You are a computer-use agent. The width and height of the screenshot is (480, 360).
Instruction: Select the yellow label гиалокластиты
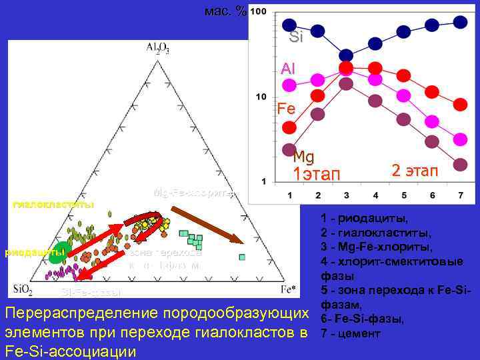[53, 203]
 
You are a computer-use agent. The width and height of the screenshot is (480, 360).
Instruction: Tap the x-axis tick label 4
[375, 195]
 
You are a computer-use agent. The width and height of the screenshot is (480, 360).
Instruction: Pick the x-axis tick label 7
[460, 195]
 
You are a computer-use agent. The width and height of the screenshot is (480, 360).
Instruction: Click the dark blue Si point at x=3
[346, 55]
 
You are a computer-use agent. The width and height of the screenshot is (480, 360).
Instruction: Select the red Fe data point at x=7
[460, 105]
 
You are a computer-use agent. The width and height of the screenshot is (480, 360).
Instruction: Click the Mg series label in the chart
[303, 157]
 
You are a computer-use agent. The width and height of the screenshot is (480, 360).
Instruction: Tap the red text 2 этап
[415, 171]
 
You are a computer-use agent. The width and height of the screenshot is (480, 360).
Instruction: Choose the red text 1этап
[317, 175]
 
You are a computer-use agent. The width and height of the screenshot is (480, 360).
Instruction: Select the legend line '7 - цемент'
[348, 333]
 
